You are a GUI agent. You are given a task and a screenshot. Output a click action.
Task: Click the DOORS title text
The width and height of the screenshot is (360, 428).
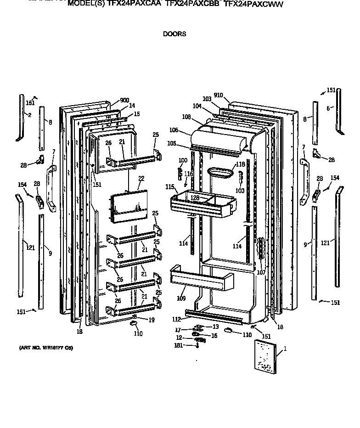[174, 34]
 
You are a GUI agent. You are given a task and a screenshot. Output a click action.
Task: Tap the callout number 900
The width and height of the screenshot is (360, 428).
[124, 101]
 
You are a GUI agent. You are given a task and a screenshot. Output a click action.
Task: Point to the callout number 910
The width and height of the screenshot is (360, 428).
[218, 95]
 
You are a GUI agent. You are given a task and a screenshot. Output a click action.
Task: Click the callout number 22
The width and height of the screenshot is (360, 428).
[141, 178]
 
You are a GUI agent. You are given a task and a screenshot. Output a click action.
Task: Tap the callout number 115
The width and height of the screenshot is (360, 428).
[170, 187]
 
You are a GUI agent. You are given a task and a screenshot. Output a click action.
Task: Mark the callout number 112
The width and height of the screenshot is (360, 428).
[176, 320]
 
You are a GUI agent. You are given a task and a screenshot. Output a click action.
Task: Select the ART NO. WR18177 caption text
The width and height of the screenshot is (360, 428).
[45, 348]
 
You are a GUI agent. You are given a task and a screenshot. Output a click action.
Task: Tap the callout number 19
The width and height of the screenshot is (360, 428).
[151, 319]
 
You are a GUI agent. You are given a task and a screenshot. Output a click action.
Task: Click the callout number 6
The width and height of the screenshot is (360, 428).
[328, 108]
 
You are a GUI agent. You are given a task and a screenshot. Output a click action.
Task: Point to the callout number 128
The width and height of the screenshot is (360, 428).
[196, 197]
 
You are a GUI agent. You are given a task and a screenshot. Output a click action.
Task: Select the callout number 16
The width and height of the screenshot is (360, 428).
[214, 336]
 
